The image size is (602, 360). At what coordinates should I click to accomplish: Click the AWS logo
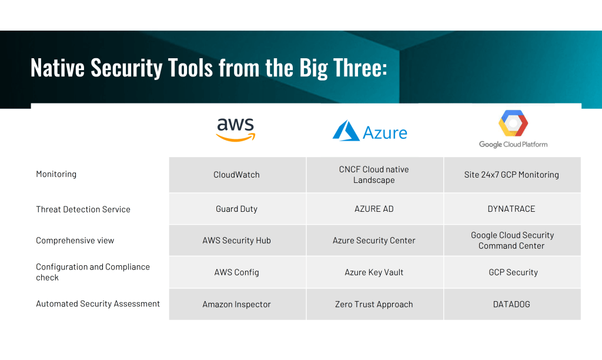pyautogui.click(x=236, y=129)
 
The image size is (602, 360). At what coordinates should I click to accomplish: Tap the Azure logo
pyautogui.click(x=370, y=131)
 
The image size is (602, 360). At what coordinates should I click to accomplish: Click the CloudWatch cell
pyautogui.click(x=237, y=175)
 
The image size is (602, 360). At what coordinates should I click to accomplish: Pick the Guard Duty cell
pyautogui.click(x=237, y=209)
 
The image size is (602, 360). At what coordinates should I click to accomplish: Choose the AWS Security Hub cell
pyautogui.click(x=237, y=241)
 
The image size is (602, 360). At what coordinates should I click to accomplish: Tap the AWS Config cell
pyautogui.click(x=237, y=272)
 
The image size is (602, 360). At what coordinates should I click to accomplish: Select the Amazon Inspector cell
pyautogui.click(x=237, y=304)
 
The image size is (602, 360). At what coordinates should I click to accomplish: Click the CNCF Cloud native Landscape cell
pyautogui.click(x=374, y=175)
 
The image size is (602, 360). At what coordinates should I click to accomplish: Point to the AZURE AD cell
pyautogui.click(x=374, y=209)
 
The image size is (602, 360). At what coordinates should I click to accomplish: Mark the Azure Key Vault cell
pyautogui.click(x=374, y=272)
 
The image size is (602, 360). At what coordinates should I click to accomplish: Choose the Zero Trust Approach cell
pyautogui.click(x=374, y=304)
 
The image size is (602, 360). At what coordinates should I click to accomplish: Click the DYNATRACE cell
pyautogui.click(x=511, y=209)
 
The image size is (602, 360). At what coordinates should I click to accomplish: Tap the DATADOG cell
pyautogui.click(x=511, y=304)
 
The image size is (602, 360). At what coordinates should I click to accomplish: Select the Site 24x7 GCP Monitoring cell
pyautogui.click(x=511, y=175)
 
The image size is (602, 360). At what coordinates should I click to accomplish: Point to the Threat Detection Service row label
pyautogui.click(x=83, y=209)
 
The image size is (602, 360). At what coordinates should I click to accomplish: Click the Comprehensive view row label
pyautogui.click(x=75, y=241)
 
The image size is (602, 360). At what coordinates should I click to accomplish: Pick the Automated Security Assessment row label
pyautogui.click(x=98, y=304)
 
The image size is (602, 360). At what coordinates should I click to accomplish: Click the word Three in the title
pyautogui.click(x=360, y=68)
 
